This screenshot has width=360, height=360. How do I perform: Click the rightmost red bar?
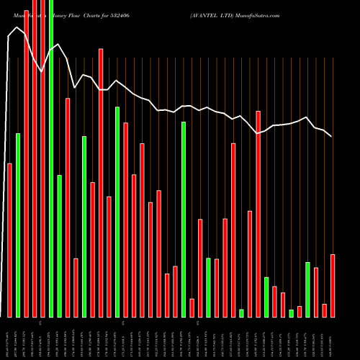pos(333,285)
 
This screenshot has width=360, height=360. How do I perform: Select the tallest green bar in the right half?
pos(184,220)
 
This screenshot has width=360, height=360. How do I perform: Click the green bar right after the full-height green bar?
pos(60,246)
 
